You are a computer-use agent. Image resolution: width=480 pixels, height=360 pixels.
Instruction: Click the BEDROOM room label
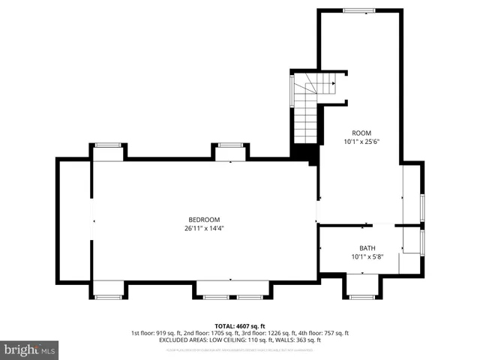[204, 219]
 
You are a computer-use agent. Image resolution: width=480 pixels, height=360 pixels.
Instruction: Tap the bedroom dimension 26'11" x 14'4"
[204, 228]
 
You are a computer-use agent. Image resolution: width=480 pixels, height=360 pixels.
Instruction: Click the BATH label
[367, 248]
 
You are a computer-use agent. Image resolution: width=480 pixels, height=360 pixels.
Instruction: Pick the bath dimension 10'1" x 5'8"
[367, 257]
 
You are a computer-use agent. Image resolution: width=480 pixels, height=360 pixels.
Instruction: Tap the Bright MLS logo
[30, 349]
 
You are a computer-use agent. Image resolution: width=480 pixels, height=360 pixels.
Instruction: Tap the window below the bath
[362, 297]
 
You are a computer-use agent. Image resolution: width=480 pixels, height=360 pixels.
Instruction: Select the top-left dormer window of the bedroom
[107, 145]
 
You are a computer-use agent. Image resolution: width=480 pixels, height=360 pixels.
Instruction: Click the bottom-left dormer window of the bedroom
[107, 297]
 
